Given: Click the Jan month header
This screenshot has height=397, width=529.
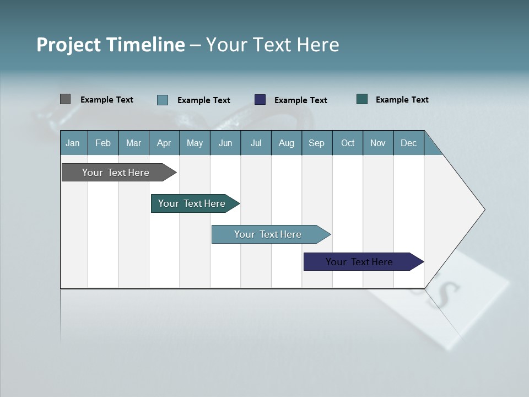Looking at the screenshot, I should (x=73, y=143).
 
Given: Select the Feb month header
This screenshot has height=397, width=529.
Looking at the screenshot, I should (x=103, y=143).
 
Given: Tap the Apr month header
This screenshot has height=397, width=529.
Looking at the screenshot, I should (x=164, y=143).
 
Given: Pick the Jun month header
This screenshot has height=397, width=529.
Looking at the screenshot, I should (x=225, y=143).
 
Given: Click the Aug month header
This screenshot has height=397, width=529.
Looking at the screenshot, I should (x=286, y=143).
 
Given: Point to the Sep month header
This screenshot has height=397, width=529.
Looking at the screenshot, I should (x=316, y=143).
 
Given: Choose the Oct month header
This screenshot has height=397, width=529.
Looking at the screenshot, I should (x=348, y=143).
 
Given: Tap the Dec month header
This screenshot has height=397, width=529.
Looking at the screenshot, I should (x=408, y=143).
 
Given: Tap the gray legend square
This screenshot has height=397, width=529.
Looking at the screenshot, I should (x=65, y=99).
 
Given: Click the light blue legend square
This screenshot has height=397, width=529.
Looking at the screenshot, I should (x=163, y=100).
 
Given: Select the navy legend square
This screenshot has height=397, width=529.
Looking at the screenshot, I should (x=260, y=100).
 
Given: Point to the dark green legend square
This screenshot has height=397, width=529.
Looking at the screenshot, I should (x=362, y=99).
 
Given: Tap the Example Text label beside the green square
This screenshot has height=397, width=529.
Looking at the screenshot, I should (x=402, y=99).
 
